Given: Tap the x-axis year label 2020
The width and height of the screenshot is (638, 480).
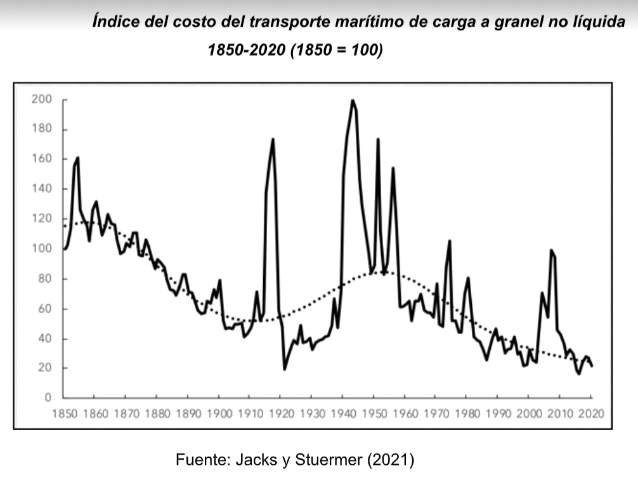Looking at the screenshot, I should [x=591, y=414].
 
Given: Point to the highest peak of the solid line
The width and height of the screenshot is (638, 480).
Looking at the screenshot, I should [x=352, y=100].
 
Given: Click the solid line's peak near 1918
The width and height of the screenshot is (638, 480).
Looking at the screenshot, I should [x=273, y=139].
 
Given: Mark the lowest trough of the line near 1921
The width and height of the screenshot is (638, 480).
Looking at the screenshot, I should [x=285, y=369].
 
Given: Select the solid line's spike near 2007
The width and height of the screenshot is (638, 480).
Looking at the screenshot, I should [x=551, y=250].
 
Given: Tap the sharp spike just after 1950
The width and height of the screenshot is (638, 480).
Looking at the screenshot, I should [x=378, y=139].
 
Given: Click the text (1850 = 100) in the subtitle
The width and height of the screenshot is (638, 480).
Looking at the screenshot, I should [x=336, y=49].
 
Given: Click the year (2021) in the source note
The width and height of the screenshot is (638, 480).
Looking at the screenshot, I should [x=391, y=460].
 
